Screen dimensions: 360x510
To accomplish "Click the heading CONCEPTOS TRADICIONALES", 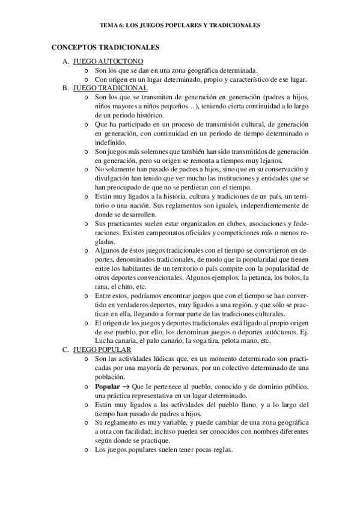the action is [106, 46].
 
